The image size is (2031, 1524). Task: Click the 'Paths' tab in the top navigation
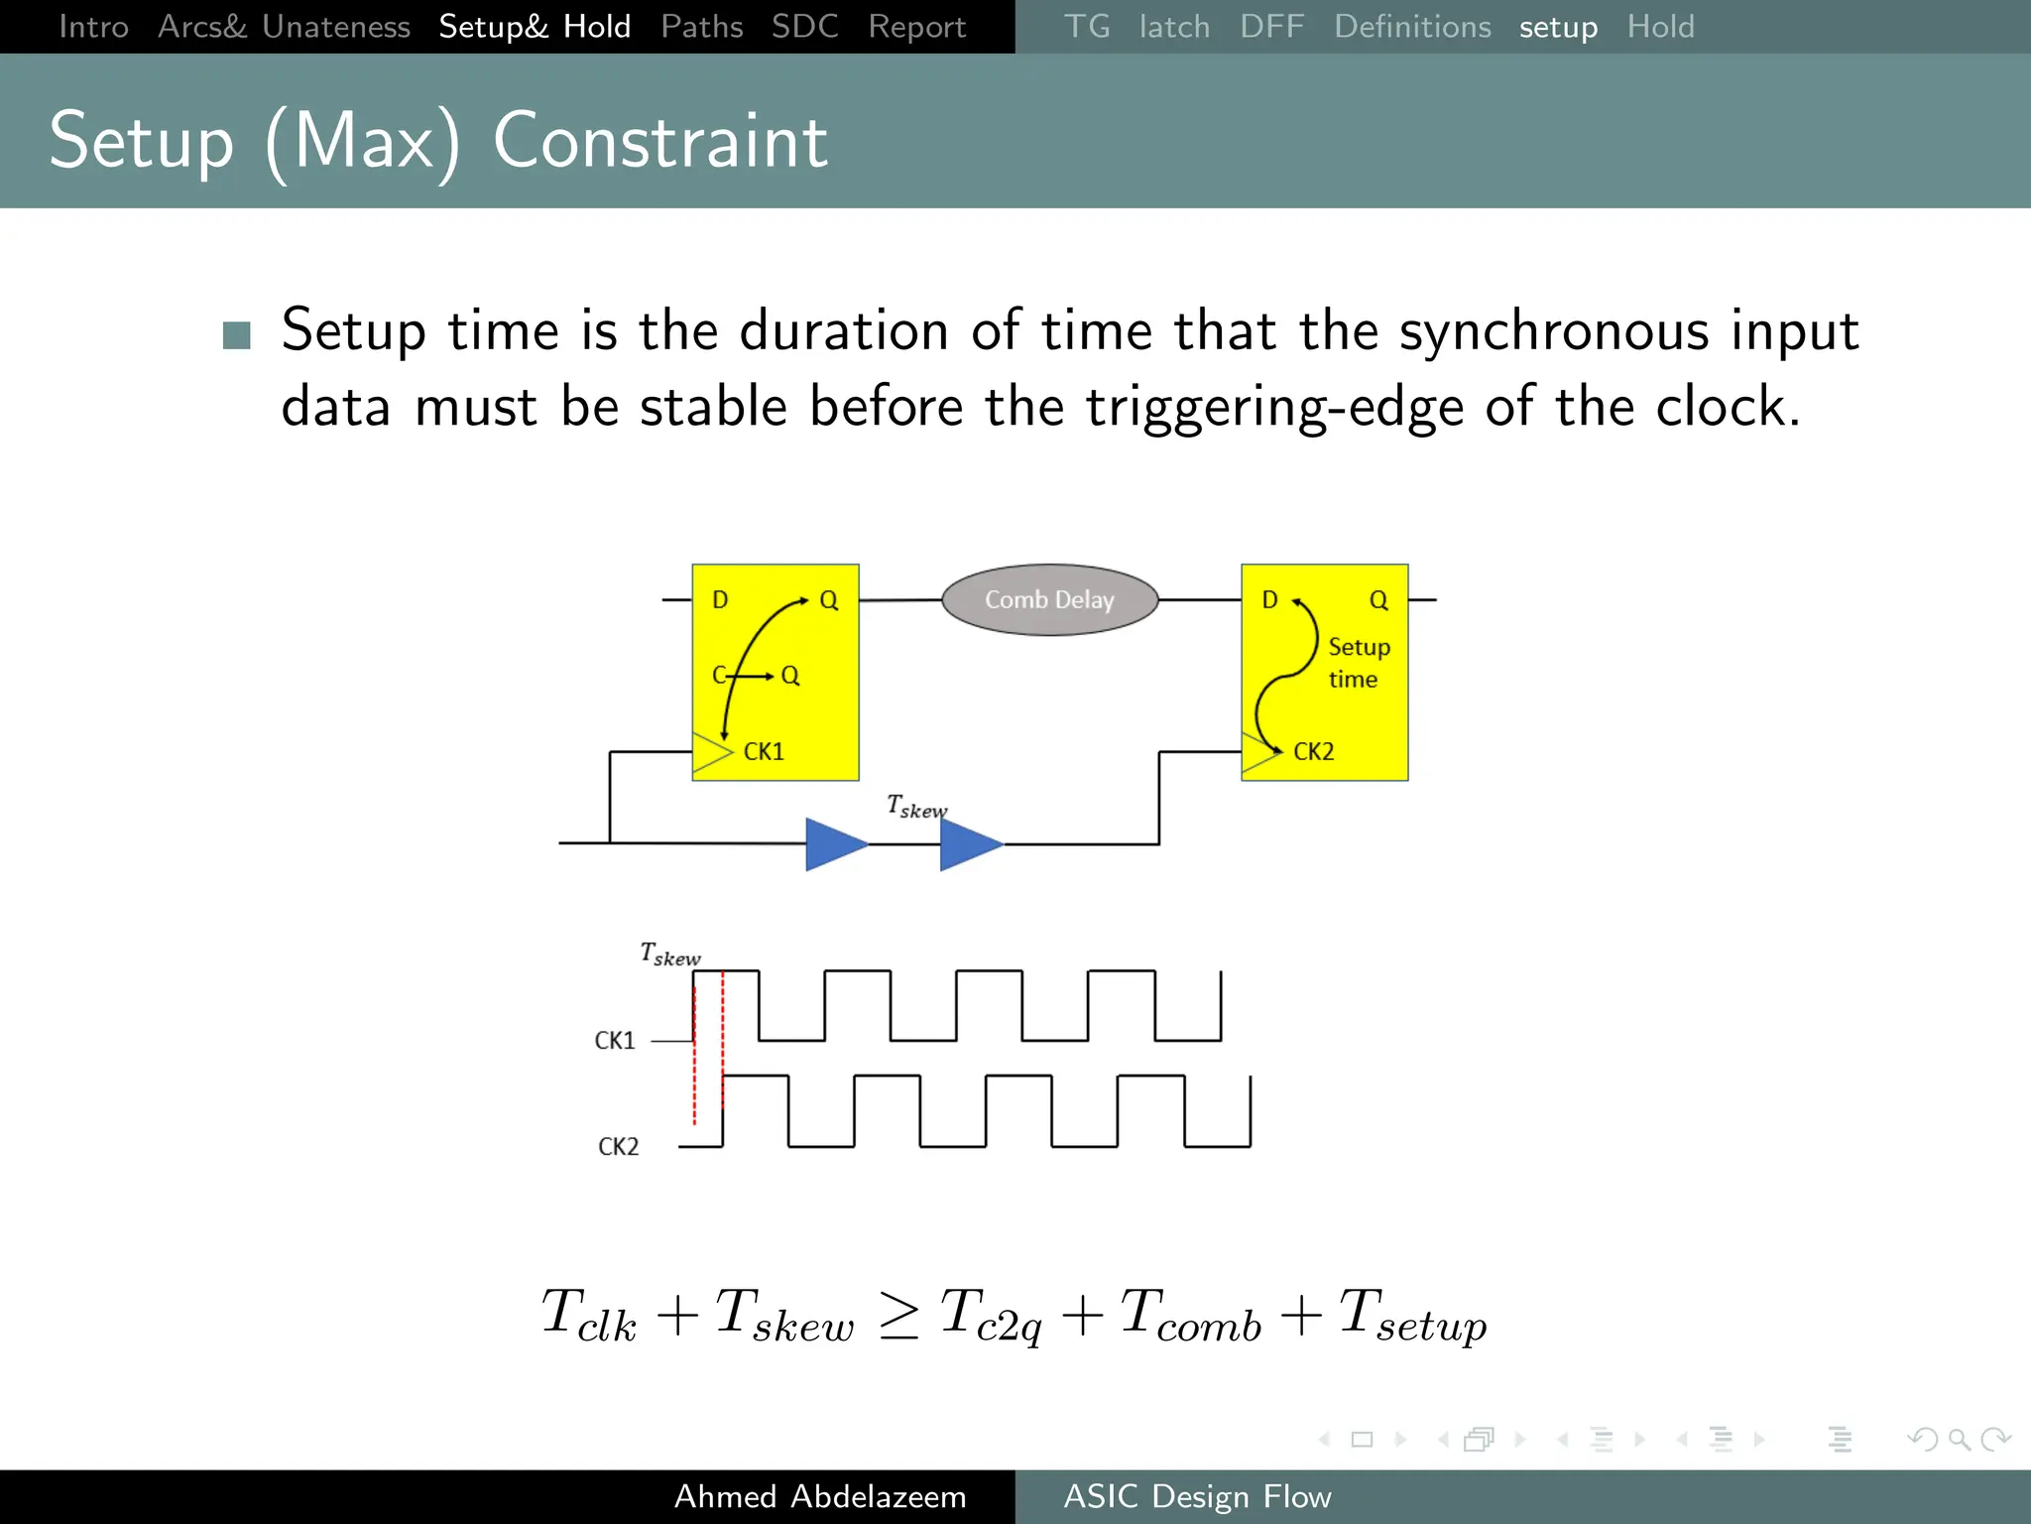click(701, 27)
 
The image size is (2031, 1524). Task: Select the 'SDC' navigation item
click(804, 27)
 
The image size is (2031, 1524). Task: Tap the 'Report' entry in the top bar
click(916, 27)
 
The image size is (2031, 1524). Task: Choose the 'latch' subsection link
click(1174, 27)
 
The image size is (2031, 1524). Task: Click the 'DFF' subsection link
click(1271, 27)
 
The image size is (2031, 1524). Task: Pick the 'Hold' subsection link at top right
click(1660, 27)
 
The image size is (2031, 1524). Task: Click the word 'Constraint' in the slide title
click(659, 142)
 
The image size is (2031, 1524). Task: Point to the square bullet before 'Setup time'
click(237, 335)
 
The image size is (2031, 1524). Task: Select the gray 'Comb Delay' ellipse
click(1049, 600)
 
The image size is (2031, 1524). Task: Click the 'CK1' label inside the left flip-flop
click(764, 752)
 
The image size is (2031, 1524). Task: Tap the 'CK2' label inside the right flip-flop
click(1313, 752)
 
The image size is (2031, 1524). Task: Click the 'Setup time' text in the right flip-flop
click(1358, 663)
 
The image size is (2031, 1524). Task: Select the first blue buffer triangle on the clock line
click(834, 844)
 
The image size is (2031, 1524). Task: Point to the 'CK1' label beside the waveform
click(614, 1041)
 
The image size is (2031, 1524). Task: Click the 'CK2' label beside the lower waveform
click(618, 1147)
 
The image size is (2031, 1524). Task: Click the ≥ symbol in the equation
click(898, 1318)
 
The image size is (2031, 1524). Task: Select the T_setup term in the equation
click(1412, 1316)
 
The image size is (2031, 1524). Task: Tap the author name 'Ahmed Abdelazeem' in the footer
click(820, 1496)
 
